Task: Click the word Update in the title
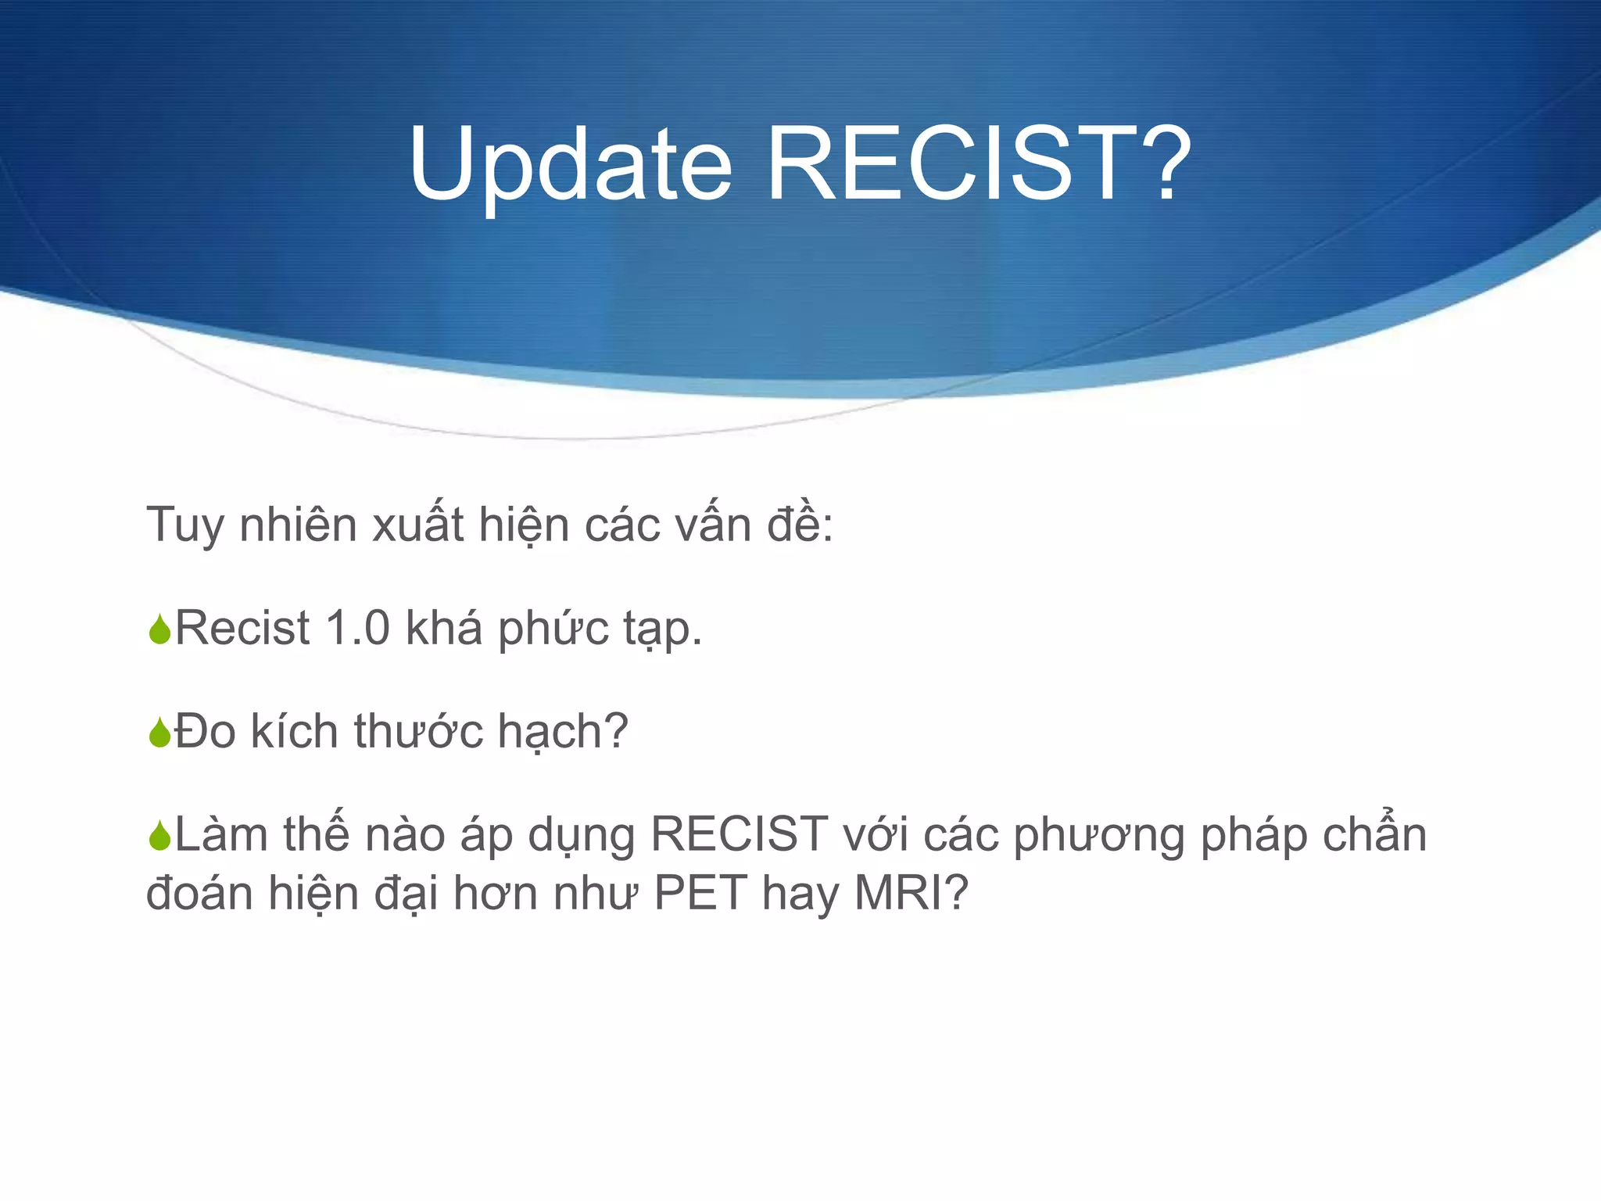pyautogui.click(x=569, y=166)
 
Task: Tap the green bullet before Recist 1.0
pyautogui.click(x=159, y=629)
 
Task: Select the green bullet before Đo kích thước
pyautogui.click(x=159, y=733)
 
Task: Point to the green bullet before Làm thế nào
pyautogui.click(x=159, y=836)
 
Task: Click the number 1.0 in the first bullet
pyautogui.click(x=356, y=628)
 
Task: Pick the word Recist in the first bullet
pyautogui.click(x=242, y=628)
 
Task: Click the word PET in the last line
pyautogui.click(x=700, y=892)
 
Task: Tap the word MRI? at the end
pyautogui.click(x=912, y=892)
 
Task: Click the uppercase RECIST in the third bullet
pyautogui.click(x=739, y=834)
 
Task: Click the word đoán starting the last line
pyautogui.click(x=199, y=892)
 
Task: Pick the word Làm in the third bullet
pyautogui.click(x=220, y=834)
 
